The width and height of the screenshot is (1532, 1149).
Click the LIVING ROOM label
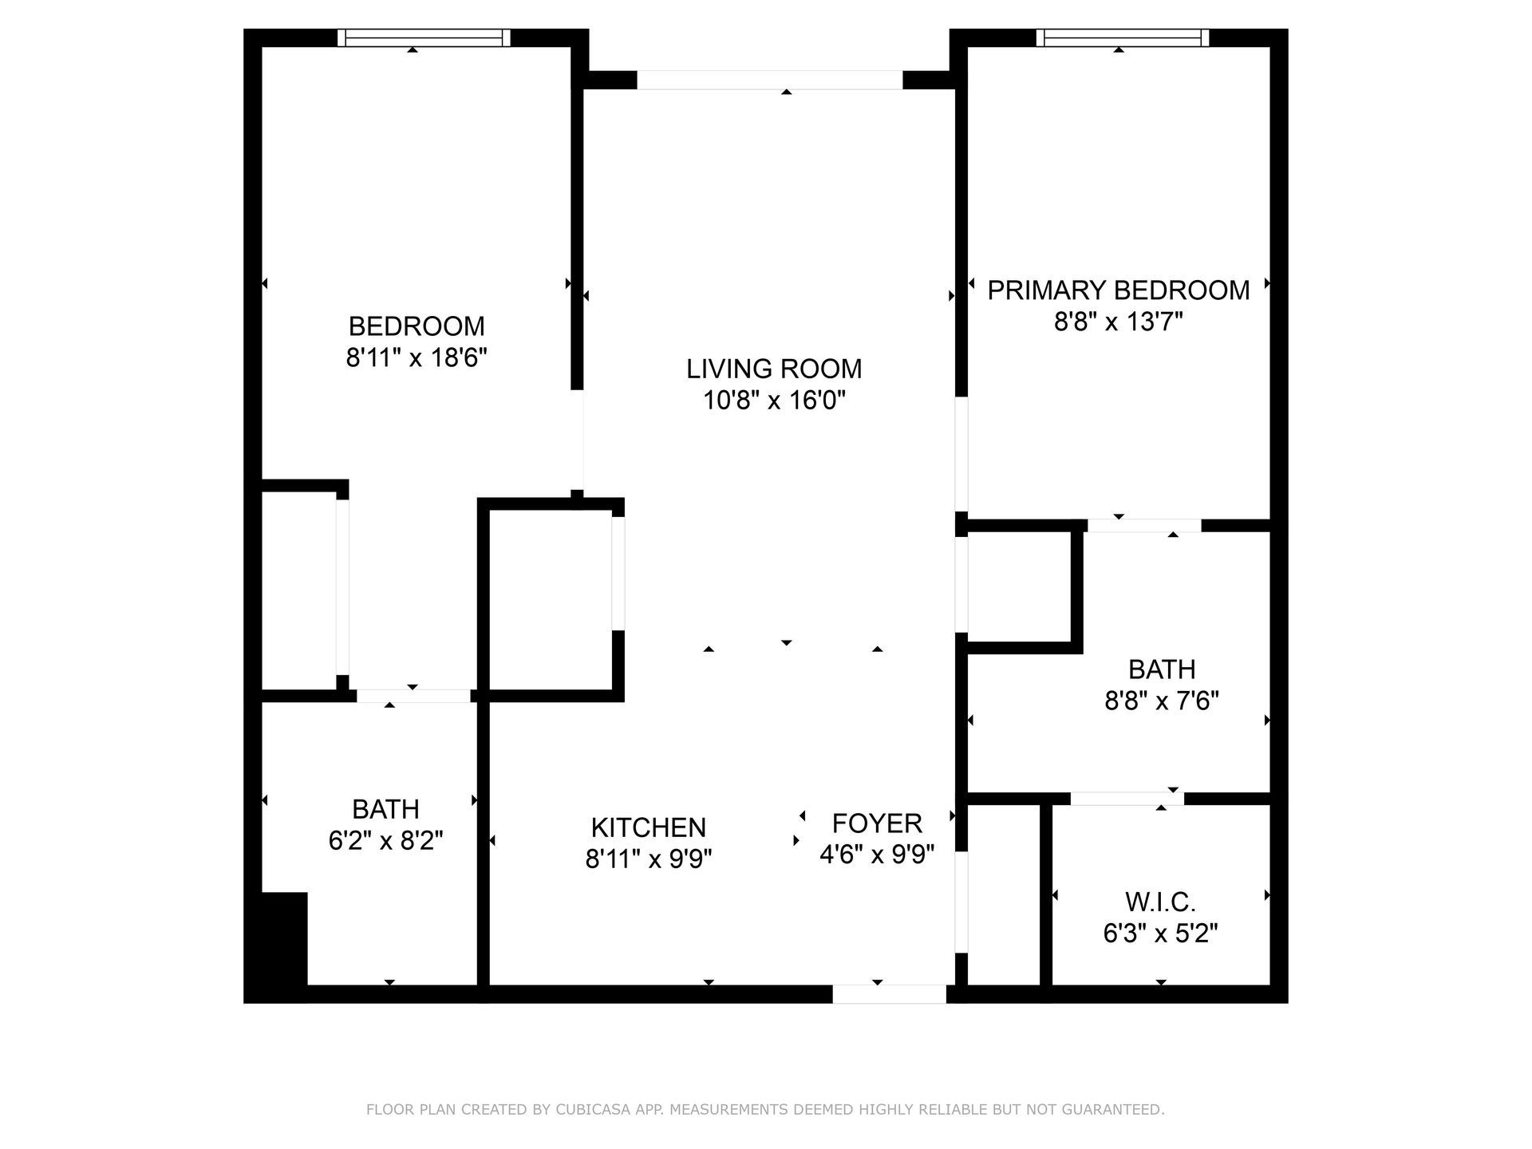click(774, 369)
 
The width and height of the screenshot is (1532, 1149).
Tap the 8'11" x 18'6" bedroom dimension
click(416, 357)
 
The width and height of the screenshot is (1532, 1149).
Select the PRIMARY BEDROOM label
click(1118, 290)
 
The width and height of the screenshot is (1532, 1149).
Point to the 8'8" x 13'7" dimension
click(1118, 322)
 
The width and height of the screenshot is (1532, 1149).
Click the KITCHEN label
click(648, 827)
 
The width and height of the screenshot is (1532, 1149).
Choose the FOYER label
click(876, 823)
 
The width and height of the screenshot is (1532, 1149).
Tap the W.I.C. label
click(1160, 902)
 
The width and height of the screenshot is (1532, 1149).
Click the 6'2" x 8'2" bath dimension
click(385, 840)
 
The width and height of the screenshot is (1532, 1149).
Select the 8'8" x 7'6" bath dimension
click(1161, 701)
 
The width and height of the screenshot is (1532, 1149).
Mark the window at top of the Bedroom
click(423, 38)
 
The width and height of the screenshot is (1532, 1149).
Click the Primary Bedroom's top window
click(1122, 38)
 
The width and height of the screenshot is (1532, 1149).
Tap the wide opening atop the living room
click(769, 80)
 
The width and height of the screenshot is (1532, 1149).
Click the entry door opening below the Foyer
click(889, 993)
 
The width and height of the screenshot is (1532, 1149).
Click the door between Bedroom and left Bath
click(413, 696)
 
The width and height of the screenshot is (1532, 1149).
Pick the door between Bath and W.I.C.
click(1127, 799)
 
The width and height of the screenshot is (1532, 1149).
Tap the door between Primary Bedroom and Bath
click(1144, 525)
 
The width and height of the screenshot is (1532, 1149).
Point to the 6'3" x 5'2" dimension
click(1160, 934)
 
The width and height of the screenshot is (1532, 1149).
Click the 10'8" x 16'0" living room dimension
click(774, 401)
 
